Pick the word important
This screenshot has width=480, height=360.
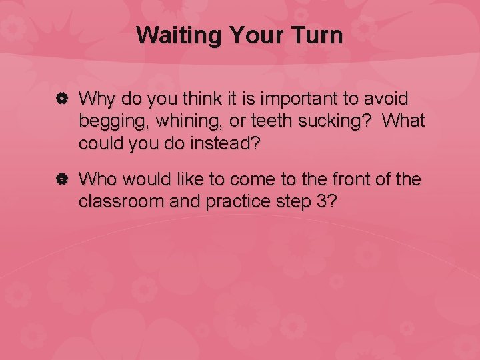pos(295,99)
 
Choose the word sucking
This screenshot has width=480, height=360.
pos(329,122)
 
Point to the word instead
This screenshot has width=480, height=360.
pos(224,143)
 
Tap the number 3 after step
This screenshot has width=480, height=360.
pos(322,201)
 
